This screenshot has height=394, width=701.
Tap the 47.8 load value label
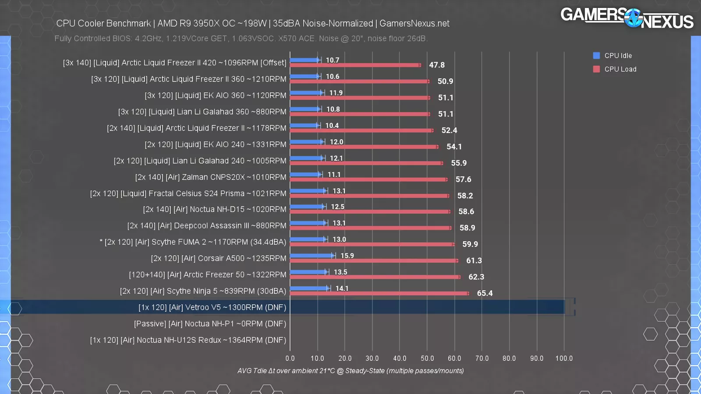(436, 65)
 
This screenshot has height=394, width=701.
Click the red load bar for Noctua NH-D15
(370, 212)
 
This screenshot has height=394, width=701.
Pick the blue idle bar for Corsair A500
(312, 256)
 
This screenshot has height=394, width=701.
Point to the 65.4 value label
(485, 293)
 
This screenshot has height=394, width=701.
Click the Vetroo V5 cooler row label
(212, 307)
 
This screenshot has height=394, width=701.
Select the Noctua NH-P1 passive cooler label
(210, 324)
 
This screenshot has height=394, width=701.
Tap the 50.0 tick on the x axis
(427, 359)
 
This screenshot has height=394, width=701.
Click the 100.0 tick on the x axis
(564, 359)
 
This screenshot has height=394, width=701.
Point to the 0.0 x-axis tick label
(290, 359)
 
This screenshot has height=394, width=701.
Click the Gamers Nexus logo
(627, 18)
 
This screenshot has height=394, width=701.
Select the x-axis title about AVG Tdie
(350, 371)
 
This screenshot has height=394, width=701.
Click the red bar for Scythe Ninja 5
(379, 293)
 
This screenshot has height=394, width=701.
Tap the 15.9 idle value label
(347, 256)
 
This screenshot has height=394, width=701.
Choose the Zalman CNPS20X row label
(210, 177)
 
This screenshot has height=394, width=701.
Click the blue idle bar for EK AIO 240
(307, 142)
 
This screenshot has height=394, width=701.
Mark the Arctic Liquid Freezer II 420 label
(174, 63)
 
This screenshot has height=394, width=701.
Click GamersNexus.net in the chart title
(414, 24)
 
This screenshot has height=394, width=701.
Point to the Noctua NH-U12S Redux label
(188, 340)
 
